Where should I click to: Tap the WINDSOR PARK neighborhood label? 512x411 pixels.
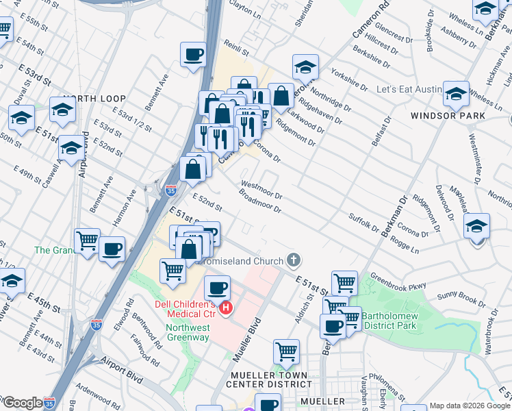(448, 116)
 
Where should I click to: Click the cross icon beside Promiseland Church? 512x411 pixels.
(294, 260)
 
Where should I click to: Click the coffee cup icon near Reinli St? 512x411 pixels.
(194, 54)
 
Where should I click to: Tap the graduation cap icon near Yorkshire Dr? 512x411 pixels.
(305, 66)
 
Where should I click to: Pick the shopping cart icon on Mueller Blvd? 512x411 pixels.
(286, 352)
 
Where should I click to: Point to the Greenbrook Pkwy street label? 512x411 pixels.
(398, 282)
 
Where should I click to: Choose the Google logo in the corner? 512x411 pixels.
(22, 403)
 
